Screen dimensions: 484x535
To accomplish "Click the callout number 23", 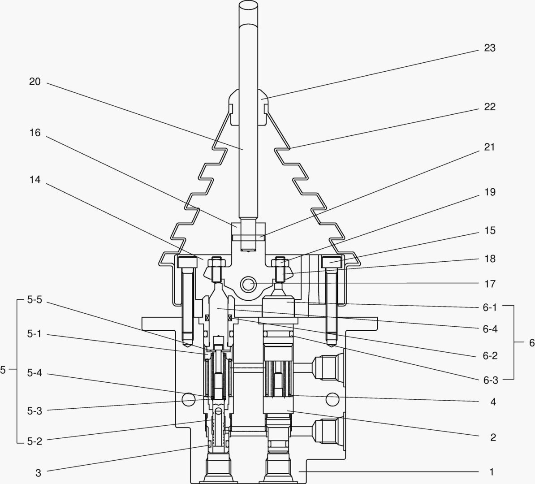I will click(x=490, y=48).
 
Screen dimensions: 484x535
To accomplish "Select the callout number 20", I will click(x=35, y=82).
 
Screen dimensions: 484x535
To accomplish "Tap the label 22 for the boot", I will click(x=490, y=107).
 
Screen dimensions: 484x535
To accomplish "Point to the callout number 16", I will click(x=35, y=133).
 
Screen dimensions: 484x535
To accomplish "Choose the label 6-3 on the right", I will click(x=490, y=380).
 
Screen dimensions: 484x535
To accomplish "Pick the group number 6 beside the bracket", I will click(x=531, y=343).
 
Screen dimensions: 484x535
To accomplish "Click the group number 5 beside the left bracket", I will click(x=3, y=370).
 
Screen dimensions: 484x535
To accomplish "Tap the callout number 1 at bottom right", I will click(x=492, y=471).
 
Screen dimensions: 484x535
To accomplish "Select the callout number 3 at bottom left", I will click(x=39, y=472).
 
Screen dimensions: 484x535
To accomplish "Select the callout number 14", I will click(x=35, y=180).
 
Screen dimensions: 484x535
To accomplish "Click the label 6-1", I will click(x=490, y=307).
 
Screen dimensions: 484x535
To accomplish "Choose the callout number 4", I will click(x=493, y=402).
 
